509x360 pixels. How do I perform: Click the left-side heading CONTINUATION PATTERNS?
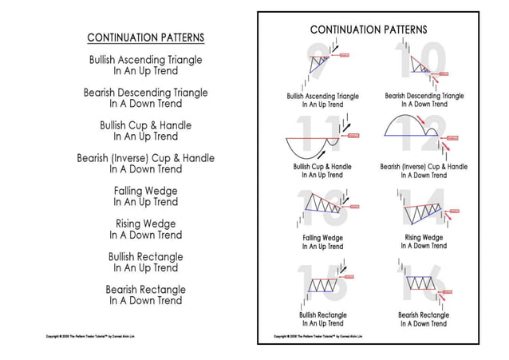[145, 38]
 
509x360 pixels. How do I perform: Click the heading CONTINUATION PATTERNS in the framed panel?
[368, 30]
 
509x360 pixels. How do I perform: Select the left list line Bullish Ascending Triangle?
[145, 60]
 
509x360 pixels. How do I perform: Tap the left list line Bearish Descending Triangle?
[145, 93]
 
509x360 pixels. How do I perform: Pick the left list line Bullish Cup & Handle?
[145, 125]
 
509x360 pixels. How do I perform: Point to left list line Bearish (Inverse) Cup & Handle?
[145, 158]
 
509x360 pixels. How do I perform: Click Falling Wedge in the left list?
[145, 192]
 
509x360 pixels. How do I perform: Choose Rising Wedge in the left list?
[145, 224]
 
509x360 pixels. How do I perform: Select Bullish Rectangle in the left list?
[145, 257]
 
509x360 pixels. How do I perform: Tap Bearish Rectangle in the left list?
[145, 290]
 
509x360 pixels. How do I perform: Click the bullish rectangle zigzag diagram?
[322, 285]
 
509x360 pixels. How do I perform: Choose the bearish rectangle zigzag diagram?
[420, 283]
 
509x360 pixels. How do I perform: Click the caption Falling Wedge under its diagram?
[322, 238]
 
